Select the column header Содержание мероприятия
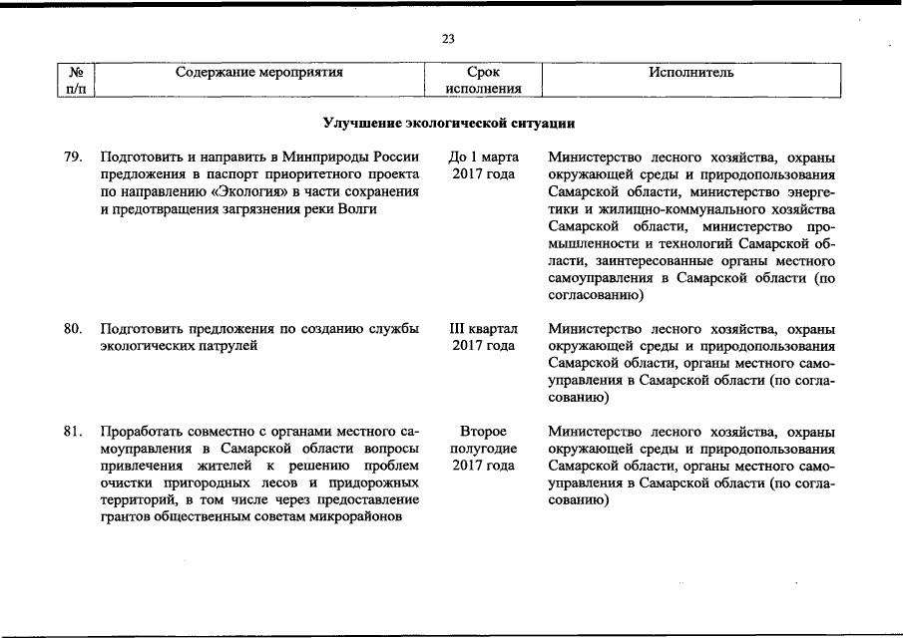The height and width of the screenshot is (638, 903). click(x=258, y=73)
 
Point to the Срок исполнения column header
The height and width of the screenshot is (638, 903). click(x=483, y=81)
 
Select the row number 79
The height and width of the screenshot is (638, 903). click(x=72, y=158)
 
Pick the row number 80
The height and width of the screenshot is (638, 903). click(x=72, y=329)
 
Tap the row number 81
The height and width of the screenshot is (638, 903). click(x=72, y=432)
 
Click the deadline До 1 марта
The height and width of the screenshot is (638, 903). click(x=483, y=158)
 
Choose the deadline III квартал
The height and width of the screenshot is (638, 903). click(x=483, y=329)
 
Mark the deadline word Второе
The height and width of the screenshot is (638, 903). click(x=483, y=432)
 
